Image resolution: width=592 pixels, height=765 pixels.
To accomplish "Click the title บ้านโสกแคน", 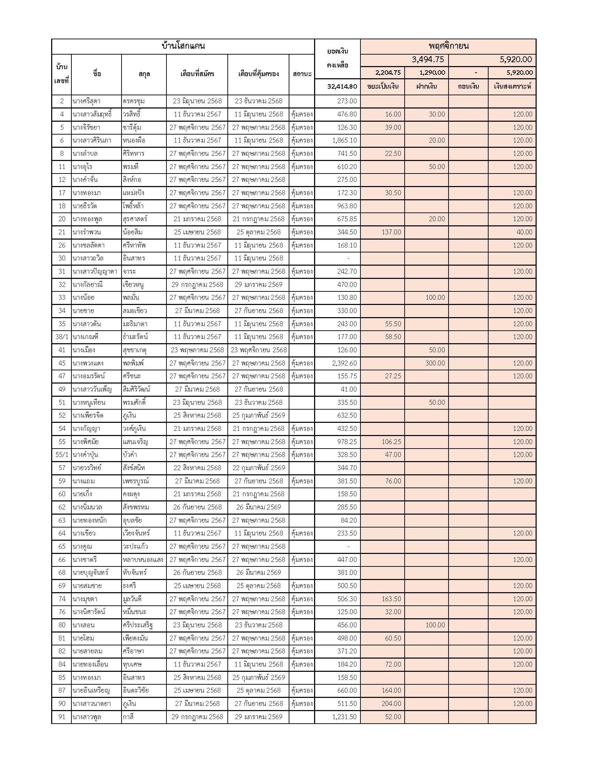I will [183, 46].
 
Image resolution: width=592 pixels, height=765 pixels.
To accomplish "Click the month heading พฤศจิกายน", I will [448, 46].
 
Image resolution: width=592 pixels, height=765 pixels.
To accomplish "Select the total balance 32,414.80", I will [342, 87].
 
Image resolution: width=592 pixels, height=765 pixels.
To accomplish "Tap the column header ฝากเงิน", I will [427, 87].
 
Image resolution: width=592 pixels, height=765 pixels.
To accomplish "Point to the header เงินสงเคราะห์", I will [512, 87].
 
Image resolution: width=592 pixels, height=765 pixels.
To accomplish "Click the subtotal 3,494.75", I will [428, 59].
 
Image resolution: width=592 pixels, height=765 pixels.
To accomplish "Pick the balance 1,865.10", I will [344, 140].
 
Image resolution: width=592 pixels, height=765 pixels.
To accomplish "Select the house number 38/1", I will [62, 337].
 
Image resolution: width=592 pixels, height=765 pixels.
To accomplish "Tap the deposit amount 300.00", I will [435, 363].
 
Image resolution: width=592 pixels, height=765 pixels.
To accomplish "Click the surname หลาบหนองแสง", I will [143, 560].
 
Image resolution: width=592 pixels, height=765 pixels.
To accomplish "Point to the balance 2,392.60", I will [344, 363].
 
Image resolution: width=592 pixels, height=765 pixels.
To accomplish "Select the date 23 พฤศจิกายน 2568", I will [258, 350].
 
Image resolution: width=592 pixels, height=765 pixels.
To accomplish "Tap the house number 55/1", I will [62, 455].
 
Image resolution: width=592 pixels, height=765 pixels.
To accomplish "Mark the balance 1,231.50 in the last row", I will [344, 717].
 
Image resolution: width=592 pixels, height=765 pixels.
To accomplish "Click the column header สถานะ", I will [302, 74].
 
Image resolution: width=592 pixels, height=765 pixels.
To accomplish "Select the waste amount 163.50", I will [391, 599].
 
